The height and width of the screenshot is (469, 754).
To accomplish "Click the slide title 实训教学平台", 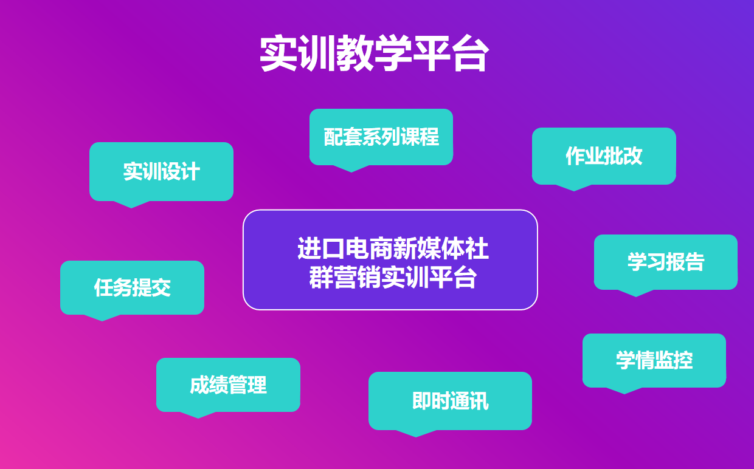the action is click(x=374, y=53).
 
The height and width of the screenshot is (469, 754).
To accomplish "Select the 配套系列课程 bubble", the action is click(x=381, y=137).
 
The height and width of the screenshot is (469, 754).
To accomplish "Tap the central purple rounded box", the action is click(x=390, y=259).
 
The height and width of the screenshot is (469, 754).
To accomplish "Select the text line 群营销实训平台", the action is click(x=393, y=277).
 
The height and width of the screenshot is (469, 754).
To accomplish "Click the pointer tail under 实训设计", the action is click(x=131, y=204).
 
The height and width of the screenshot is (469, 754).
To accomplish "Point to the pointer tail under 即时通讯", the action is click(x=416, y=433).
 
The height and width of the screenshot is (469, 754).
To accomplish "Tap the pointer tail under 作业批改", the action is click(x=574, y=187).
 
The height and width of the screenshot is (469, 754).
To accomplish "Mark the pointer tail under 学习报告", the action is click(x=636, y=293).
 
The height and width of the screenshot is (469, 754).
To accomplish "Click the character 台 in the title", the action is click(x=469, y=54).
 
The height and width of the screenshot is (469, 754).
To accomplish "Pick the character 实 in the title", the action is click(x=278, y=53).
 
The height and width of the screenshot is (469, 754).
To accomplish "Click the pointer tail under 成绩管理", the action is click(x=198, y=415).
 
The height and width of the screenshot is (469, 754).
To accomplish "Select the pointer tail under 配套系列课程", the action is click(x=351, y=168).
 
